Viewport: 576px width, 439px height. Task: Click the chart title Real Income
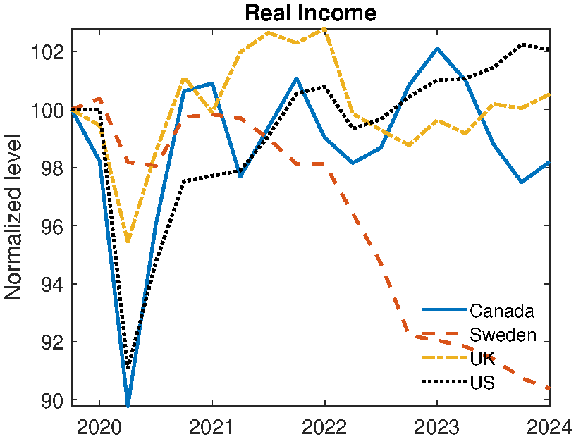point(310,13)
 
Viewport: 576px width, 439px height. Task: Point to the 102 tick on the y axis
point(48,52)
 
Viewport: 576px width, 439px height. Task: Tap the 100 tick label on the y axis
point(48,110)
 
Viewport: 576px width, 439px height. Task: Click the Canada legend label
point(501,311)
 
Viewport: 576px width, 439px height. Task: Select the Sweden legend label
point(503,335)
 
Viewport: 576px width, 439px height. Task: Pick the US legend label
point(482,383)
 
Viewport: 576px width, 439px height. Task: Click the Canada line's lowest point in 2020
point(128,405)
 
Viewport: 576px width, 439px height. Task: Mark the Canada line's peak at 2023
point(437,49)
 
